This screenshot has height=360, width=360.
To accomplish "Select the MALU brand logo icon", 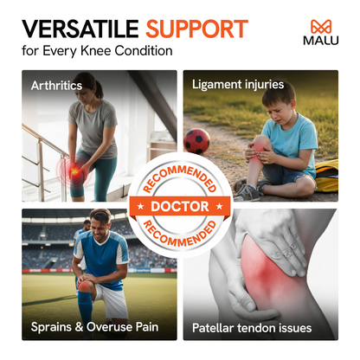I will (x=320, y=26).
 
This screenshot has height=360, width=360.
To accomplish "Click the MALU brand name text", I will (x=320, y=42).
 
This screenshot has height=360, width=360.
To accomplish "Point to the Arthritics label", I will (x=57, y=85).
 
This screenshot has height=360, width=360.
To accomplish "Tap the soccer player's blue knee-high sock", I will (x=85, y=308).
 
